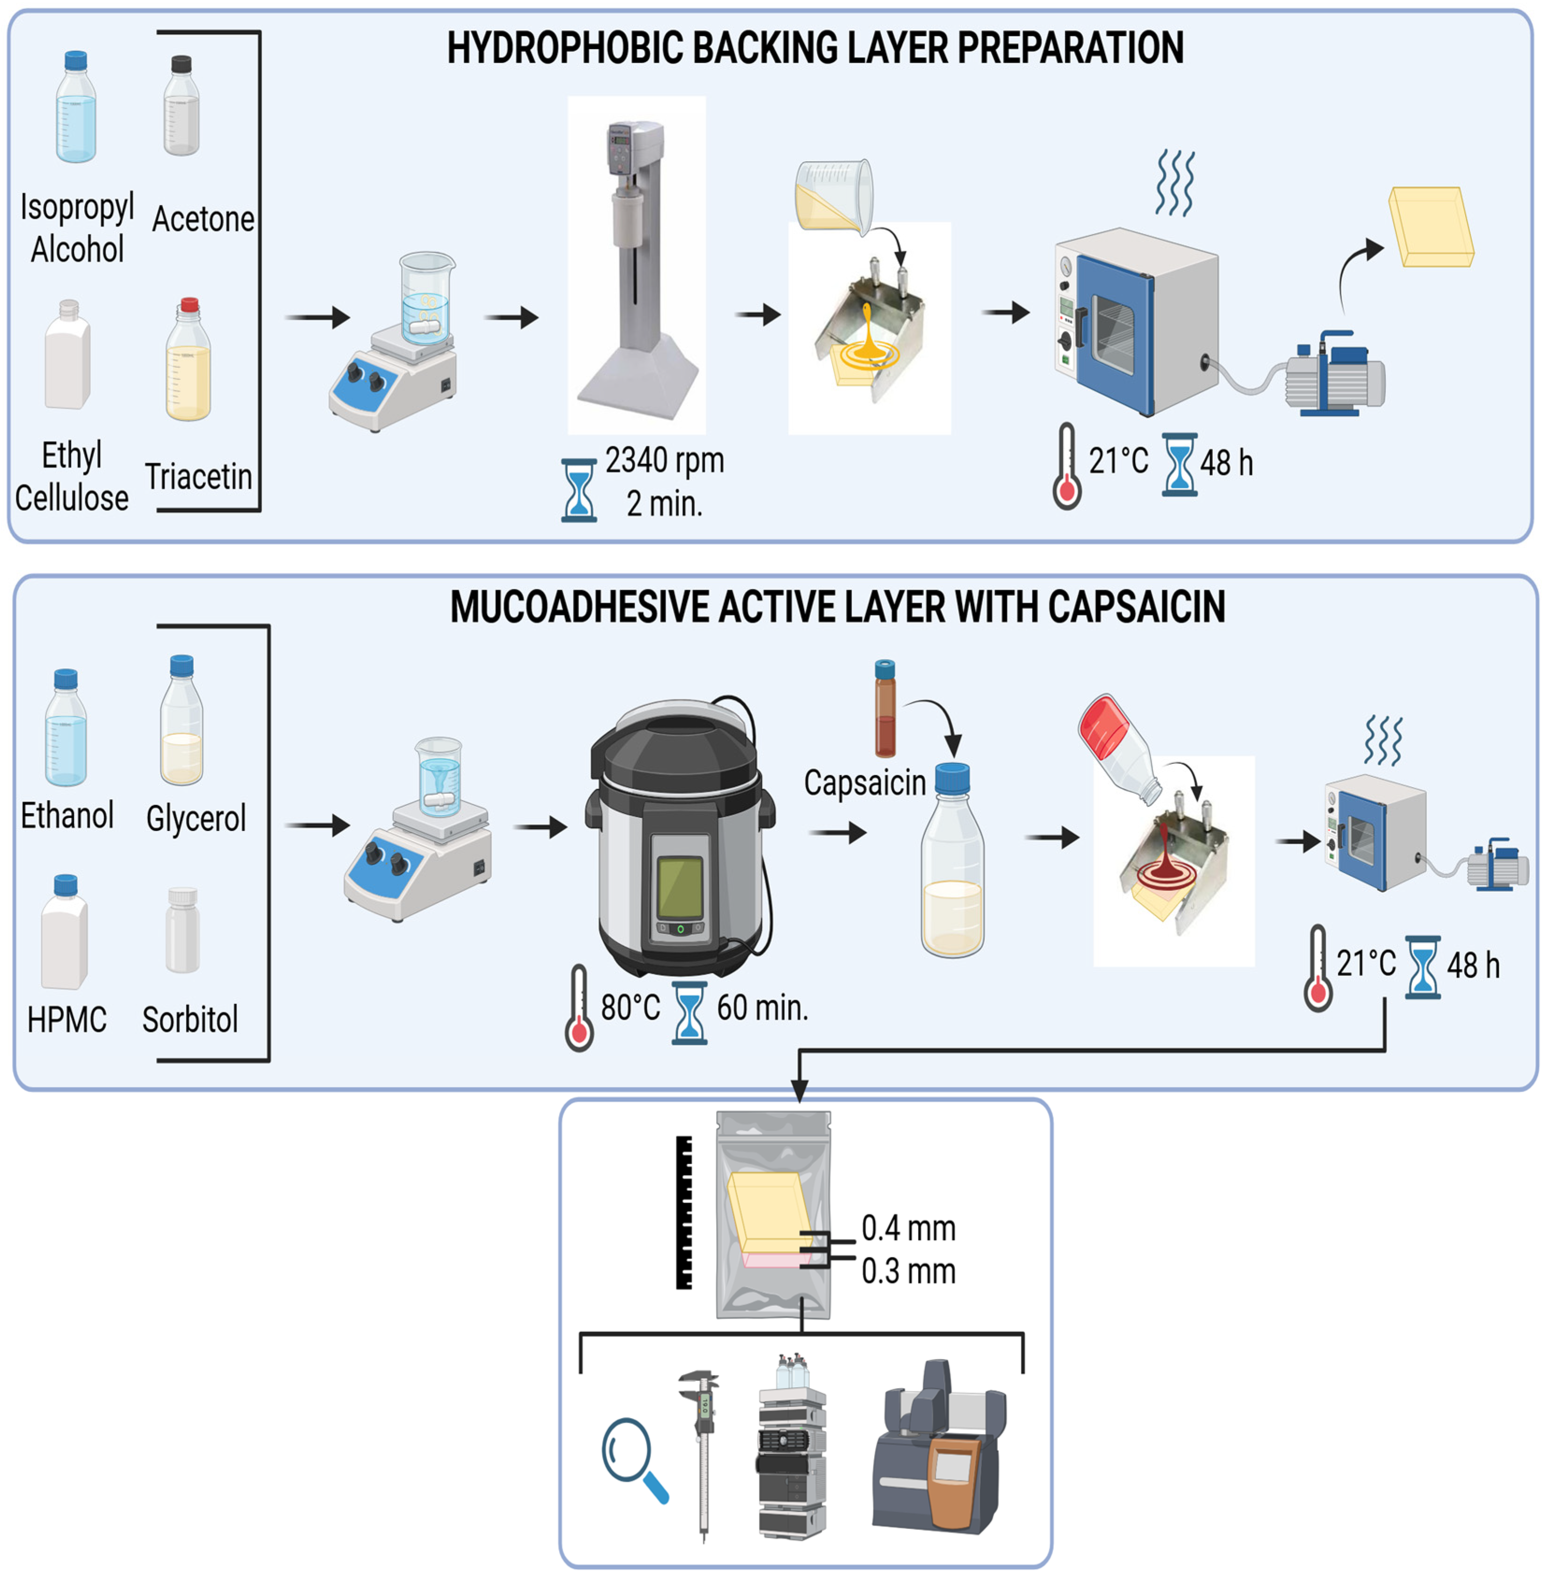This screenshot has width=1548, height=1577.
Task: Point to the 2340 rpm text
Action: pyautogui.click(x=664, y=460)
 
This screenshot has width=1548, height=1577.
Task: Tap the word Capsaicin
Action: pyautogui.click(x=864, y=783)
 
